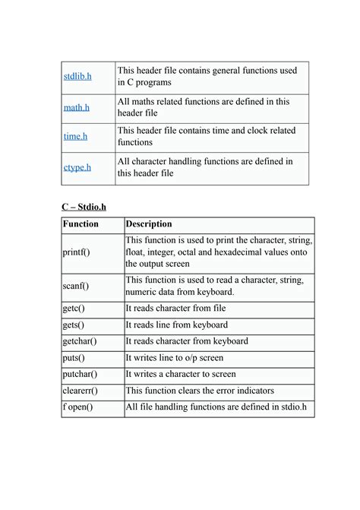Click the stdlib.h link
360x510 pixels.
click(77, 77)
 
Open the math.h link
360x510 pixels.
click(77, 108)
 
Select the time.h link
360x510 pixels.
click(75, 137)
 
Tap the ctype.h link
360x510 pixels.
click(77, 167)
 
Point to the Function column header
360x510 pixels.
click(81, 224)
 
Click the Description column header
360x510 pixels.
click(149, 224)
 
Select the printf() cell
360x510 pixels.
click(76, 252)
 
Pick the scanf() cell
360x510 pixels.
click(75, 287)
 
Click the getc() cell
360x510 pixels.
click(74, 309)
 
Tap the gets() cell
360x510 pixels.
click(74, 325)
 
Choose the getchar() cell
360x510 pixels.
click(80, 341)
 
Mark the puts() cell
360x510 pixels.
click(74, 358)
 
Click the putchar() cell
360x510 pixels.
click(80, 374)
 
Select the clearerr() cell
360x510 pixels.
click(80, 391)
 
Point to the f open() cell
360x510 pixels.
click(77, 407)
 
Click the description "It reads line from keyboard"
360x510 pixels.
click(176, 325)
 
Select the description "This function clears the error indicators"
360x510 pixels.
click(199, 391)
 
